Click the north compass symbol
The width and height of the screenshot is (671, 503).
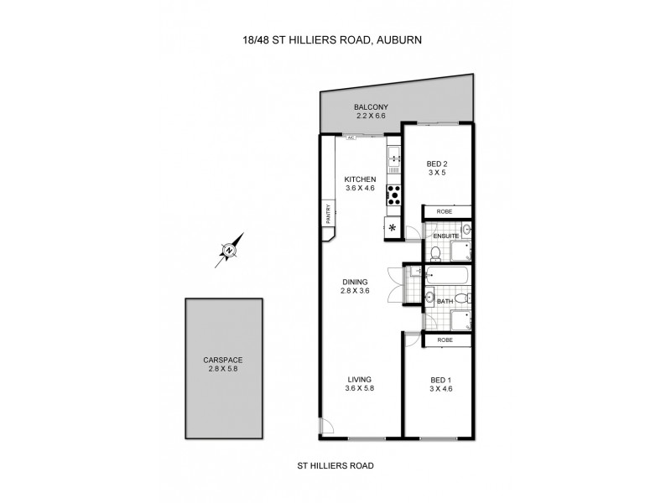point(229,249)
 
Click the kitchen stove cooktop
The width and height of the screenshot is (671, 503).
point(394,195)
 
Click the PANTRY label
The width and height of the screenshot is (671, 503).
point(329,214)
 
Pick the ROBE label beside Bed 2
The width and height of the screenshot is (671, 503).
point(445,212)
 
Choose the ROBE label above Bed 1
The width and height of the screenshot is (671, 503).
point(445,340)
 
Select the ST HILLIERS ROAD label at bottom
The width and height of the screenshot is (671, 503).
point(335,464)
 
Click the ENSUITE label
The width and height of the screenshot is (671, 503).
point(446,236)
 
